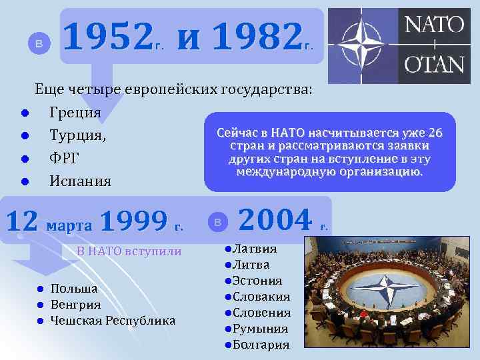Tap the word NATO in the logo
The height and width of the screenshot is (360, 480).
click(434, 25)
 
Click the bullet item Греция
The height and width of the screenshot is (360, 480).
click(75, 113)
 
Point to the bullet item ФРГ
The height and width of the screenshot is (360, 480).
click(65, 158)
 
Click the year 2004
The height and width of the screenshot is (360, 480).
click(275, 219)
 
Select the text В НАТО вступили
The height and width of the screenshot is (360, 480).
click(129, 251)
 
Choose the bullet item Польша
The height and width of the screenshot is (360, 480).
click(74, 289)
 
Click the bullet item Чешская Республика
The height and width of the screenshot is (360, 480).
click(113, 321)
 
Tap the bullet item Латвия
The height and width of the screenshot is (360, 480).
click(254, 249)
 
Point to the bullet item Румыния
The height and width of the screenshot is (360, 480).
click(259, 329)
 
